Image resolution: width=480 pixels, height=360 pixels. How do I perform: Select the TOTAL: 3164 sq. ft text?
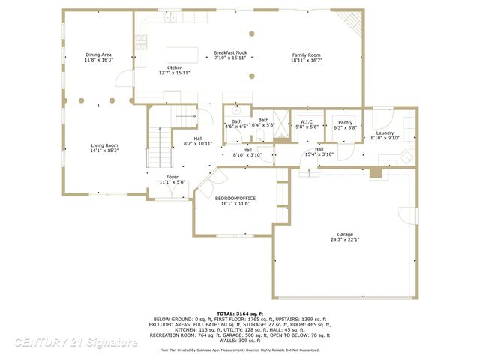coord(239,313)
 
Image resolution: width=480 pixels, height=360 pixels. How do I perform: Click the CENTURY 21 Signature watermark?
coord(75,342)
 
